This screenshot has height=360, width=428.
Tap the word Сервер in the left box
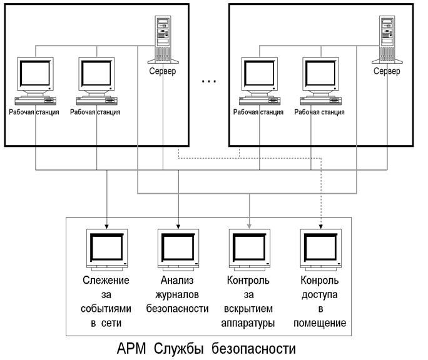(163, 71)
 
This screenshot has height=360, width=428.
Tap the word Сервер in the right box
(387, 71)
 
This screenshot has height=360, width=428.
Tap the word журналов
(177, 294)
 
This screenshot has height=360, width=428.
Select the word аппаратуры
(248, 323)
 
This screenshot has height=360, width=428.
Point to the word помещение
(320, 323)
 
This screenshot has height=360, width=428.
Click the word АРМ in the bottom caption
(135, 347)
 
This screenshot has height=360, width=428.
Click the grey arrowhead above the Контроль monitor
(249, 224)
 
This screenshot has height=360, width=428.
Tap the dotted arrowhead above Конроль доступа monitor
(322, 224)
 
